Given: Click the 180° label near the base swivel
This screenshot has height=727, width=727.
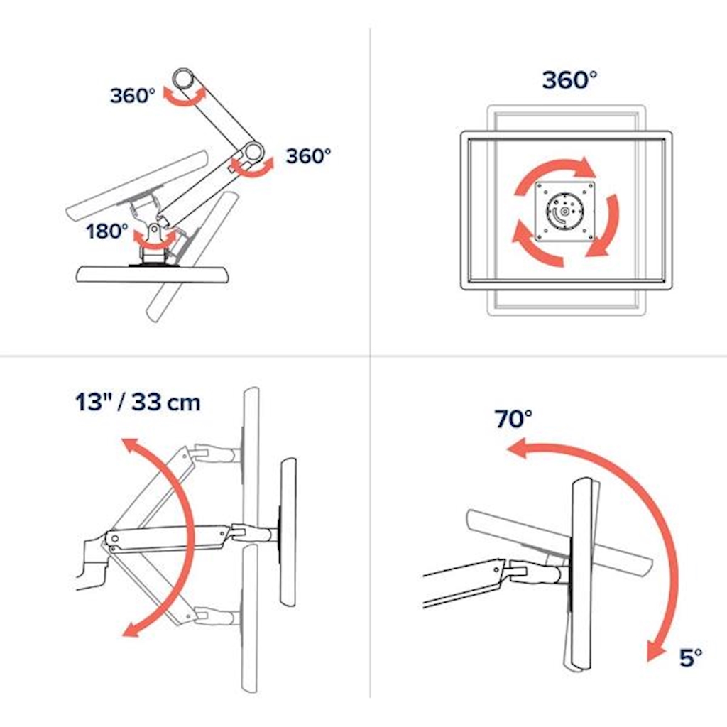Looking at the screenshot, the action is point(107,231).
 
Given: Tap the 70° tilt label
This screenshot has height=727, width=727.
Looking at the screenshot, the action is point(513,419).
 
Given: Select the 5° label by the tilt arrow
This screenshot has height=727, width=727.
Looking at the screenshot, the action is point(690,657).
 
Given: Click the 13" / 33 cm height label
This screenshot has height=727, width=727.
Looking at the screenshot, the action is point(138,402).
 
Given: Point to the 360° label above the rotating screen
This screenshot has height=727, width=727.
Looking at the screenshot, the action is point(569,80).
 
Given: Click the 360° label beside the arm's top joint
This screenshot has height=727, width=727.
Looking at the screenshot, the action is point(133,96).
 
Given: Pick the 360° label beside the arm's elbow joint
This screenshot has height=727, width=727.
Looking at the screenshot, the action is point(308,155).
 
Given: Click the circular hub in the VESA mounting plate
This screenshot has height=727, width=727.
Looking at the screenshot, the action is point(564,212).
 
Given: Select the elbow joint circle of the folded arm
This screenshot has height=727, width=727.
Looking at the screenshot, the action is point(253,151).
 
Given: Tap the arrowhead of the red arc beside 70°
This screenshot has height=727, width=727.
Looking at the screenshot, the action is point(515,449).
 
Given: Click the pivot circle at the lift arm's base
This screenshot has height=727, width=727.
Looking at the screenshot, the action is point(114,539).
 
